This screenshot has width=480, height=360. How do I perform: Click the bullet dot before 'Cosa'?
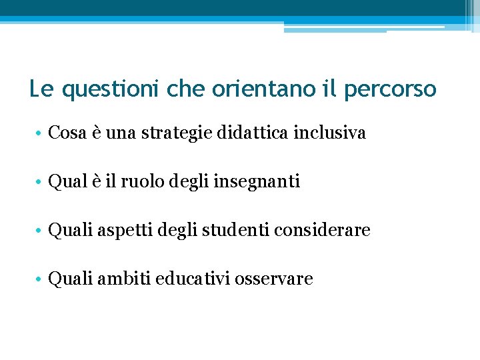(39, 134)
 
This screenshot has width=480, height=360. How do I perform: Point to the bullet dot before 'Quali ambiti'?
(39, 279)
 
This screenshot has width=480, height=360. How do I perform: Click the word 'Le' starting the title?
(38, 89)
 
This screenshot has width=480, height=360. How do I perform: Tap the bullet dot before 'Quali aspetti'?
(39, 231)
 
